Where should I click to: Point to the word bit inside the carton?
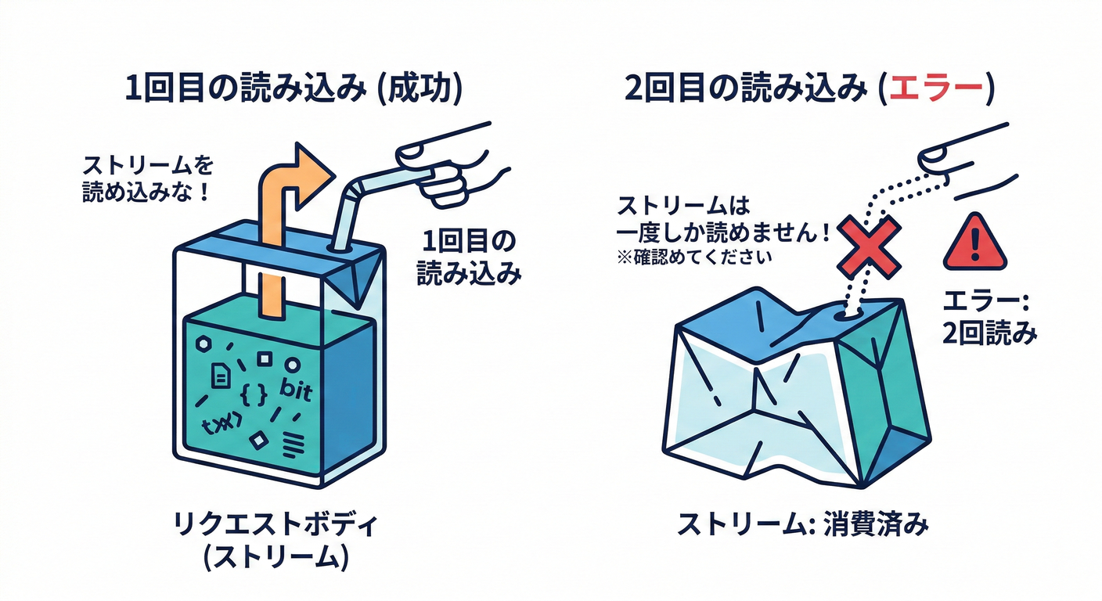pos(294,389)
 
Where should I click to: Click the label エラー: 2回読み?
pos(991,317)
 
